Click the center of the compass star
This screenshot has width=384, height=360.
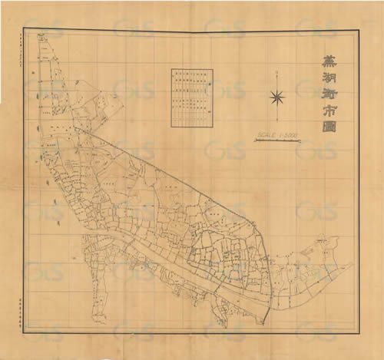[277, 97]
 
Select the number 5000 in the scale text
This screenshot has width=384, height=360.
[290, 135]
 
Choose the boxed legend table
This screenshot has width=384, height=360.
[190, 97]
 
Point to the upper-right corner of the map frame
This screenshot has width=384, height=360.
[359, 29]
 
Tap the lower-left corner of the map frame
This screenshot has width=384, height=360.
[24, 332]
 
